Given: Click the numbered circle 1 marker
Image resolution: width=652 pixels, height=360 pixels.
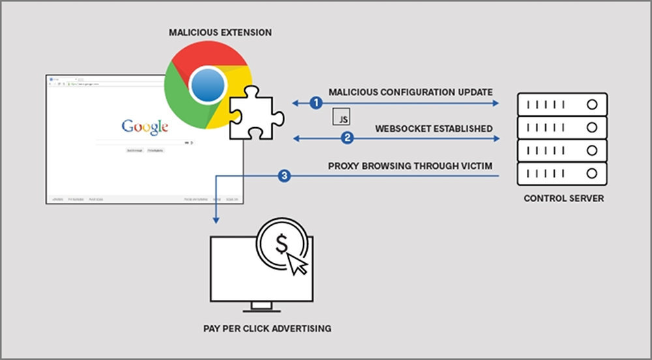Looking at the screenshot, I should point(316,103).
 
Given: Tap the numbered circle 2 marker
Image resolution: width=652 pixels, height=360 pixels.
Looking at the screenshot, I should point(347,138).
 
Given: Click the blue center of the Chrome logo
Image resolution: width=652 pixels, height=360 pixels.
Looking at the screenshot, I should point(208,87).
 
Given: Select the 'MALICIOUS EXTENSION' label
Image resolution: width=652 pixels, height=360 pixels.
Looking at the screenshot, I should point(220,32).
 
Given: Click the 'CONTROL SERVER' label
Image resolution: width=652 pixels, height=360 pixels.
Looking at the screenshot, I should point(564,198).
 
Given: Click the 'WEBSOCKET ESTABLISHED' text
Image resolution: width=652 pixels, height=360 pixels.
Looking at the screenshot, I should point(434,128).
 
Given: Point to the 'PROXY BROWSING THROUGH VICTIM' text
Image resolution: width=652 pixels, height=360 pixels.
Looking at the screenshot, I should point(410,166).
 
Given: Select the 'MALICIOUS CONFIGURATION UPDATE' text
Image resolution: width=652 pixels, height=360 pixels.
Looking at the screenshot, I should point(410,93).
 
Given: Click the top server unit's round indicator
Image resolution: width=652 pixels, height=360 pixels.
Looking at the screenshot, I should point(592,104).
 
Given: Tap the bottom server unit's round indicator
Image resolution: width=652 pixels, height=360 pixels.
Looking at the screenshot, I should point(592,173).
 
